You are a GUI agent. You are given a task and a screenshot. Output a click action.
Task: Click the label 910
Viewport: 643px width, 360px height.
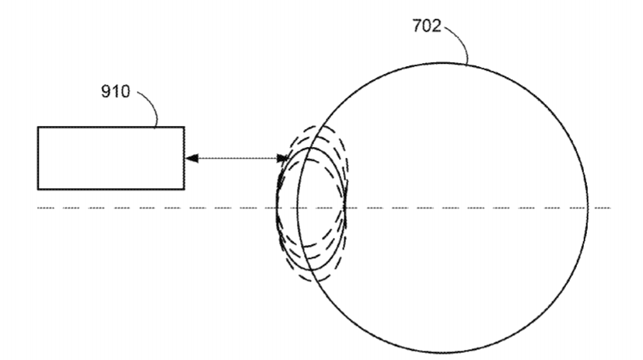pos(115,92)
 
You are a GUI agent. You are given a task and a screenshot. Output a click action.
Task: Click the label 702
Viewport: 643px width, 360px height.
pos(427,26)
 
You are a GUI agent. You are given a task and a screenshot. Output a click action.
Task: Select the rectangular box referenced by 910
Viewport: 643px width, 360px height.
pos(111,159)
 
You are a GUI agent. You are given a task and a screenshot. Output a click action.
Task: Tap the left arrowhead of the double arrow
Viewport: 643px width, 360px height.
pos(192,159)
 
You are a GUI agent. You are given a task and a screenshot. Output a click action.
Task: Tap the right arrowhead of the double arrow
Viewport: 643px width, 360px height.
pos(283,159)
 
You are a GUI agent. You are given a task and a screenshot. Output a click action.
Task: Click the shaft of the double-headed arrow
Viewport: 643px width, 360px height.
pos(237,159)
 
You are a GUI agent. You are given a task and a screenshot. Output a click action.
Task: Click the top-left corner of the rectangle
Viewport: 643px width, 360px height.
pos(38,127)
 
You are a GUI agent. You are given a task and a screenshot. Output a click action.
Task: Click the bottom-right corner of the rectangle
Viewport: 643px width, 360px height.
pos(184,189)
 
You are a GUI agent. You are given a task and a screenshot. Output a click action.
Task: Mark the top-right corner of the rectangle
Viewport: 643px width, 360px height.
pos(184,127)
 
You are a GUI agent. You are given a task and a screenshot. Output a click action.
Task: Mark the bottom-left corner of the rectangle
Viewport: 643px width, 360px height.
pos(38,189)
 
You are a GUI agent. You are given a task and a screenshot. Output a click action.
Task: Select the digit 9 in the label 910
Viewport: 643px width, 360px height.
pos(106,92)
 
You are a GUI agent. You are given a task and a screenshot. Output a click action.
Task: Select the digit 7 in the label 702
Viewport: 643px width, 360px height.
pos(417,26)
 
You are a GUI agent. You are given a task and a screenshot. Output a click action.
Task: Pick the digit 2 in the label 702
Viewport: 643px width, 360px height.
pos(437,26)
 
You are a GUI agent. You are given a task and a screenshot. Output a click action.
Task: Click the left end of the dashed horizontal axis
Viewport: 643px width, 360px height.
pos(38,208)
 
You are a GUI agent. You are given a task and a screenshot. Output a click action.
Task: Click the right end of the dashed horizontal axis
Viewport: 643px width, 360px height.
pos(610,208)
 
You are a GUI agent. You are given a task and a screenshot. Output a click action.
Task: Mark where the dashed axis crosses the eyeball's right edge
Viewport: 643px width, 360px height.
pos(588,208)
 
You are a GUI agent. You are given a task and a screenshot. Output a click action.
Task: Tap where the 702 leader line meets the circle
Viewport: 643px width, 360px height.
pos(468,65)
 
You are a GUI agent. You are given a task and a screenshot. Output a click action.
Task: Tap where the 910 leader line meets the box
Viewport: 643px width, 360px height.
pos(156,127)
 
